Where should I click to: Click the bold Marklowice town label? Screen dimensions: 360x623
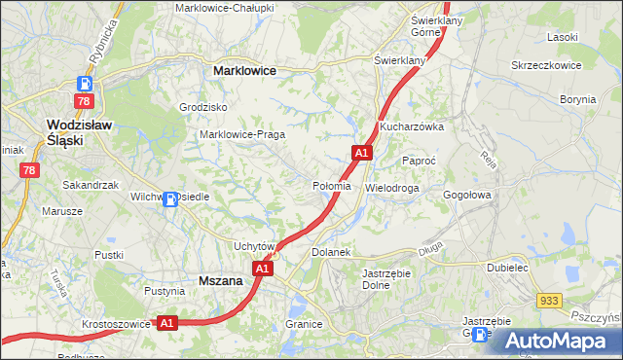click(244, 71)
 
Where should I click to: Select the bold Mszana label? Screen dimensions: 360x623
click(220, 280)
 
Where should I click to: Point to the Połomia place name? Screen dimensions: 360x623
click(331, 186)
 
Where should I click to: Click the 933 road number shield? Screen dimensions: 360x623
click(550, 303)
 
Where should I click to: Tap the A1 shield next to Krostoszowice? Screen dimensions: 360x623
click(166, 322)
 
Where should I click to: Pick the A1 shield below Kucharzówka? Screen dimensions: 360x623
click(361, 153)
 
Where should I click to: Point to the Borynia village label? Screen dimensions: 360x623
click(578, 99)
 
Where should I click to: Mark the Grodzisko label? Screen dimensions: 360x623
click(203, 107)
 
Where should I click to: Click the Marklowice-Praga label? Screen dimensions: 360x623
click(241, 134)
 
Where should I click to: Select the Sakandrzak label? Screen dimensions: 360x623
click(90, 184)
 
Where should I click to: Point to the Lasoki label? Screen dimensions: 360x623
click(563, 37)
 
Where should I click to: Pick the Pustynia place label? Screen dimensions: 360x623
click(164, 291)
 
